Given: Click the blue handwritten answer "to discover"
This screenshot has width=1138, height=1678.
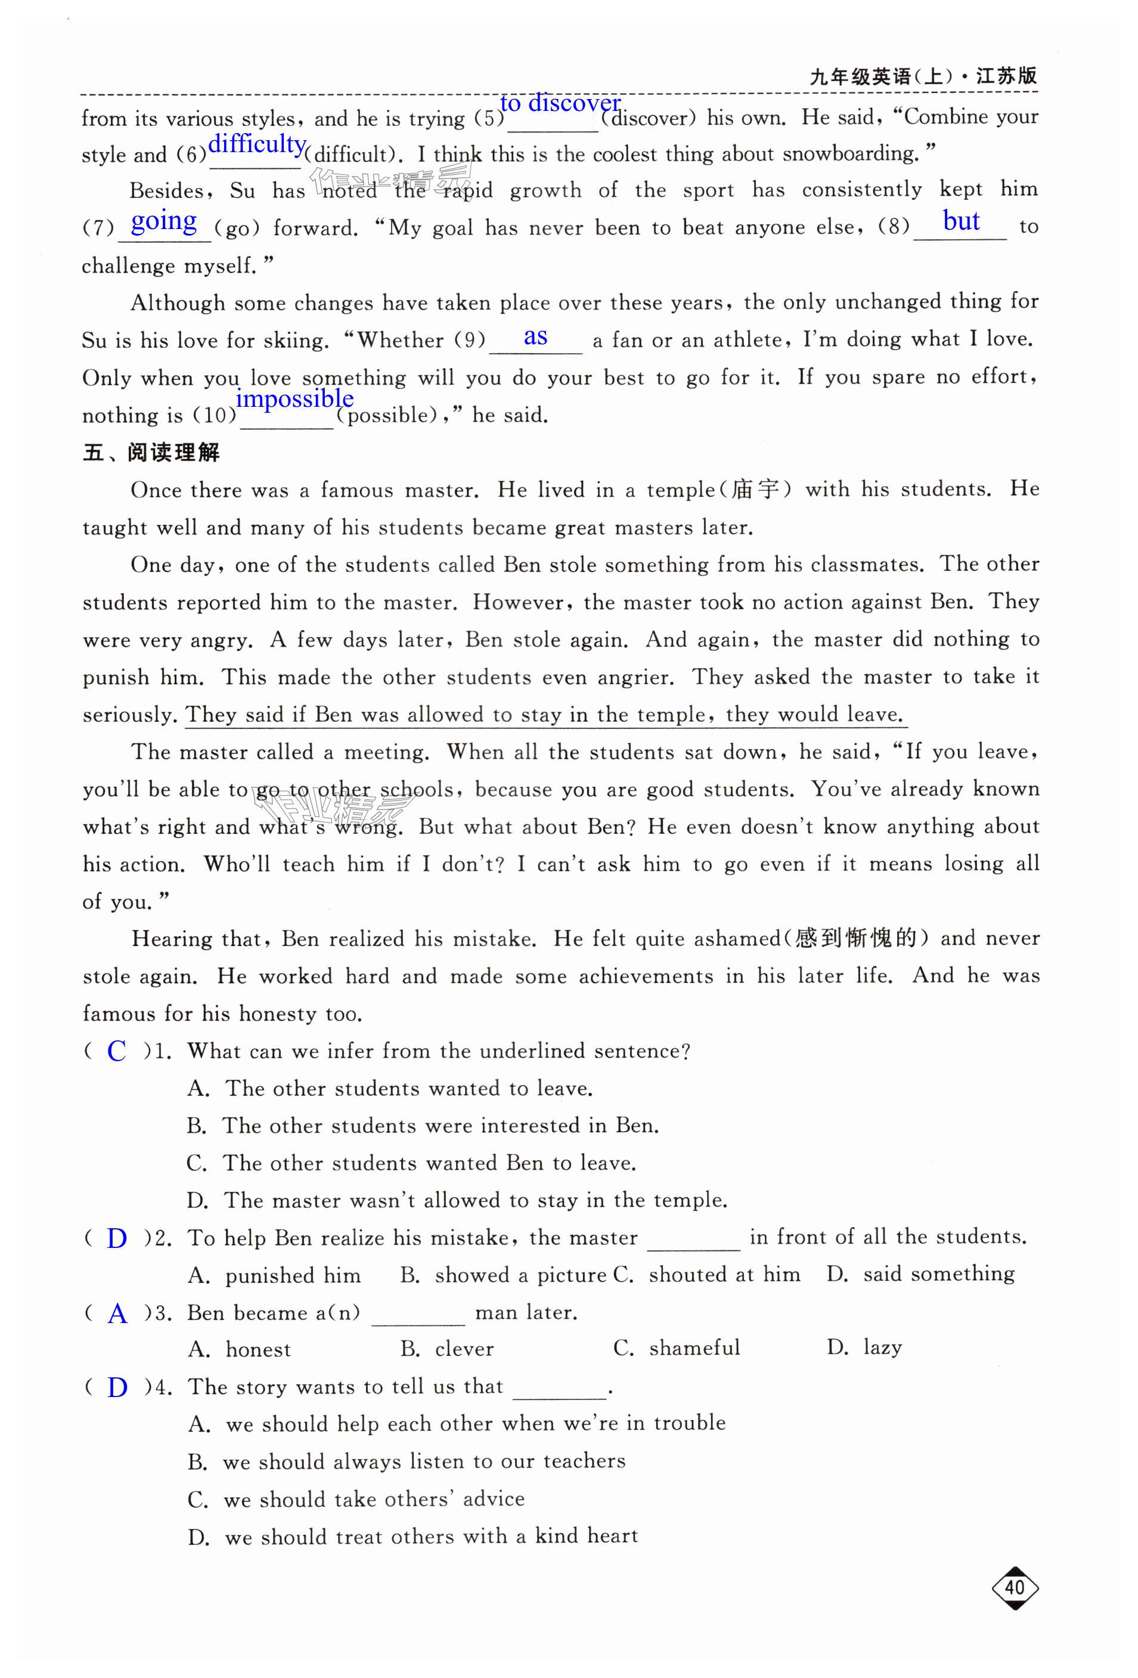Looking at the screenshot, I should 559,104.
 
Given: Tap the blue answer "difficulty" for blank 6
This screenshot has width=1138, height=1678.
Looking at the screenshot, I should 257,144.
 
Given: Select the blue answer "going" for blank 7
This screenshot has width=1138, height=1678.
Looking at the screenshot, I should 164,221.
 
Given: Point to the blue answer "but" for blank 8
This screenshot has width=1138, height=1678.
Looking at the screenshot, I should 960,221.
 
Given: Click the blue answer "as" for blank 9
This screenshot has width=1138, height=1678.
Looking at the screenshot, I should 535,336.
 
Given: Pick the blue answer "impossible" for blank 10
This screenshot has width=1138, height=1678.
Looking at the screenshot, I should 294,398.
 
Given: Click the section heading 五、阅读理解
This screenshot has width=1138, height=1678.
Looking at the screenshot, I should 151,453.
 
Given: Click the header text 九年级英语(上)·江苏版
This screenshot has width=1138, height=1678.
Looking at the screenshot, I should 923,76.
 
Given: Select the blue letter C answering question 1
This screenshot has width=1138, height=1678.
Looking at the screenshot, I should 116,1051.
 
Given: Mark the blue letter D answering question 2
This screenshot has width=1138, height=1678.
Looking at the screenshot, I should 116,1239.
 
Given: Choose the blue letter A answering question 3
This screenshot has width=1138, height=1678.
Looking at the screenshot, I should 117,1314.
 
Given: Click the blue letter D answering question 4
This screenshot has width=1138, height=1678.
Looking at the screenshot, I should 117,1387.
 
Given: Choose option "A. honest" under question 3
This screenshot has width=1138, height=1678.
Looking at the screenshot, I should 240,1349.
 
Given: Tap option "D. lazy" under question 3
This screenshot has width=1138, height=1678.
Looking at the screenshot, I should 864,1348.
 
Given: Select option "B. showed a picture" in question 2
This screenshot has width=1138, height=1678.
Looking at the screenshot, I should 504,1275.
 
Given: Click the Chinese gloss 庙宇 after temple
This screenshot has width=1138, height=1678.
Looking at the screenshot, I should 755,490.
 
